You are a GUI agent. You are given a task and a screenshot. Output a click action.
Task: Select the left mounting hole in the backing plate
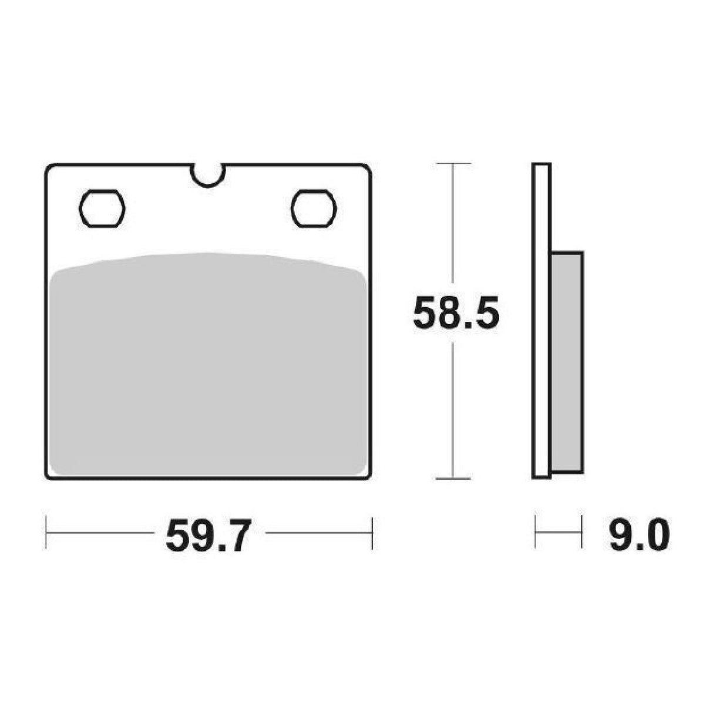(x=102, y=208)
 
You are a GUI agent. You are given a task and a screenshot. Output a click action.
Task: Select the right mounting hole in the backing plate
(x=314, y=208)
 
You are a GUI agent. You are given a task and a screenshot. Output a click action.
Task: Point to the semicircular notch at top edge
(x=207, y=175)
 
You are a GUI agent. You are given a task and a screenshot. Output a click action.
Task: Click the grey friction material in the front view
(x=208, y=364)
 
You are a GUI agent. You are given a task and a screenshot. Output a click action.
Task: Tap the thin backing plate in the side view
(x=541, y=320)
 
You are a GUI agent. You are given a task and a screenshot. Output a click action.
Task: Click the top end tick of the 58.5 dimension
(x=453, y=163)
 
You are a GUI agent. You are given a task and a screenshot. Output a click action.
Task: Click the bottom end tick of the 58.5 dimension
(x=453, y=478)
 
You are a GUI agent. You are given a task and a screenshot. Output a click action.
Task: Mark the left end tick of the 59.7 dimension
(x=46, y=533)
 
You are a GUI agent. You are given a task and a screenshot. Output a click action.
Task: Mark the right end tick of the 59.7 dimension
(x=372, y=533)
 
